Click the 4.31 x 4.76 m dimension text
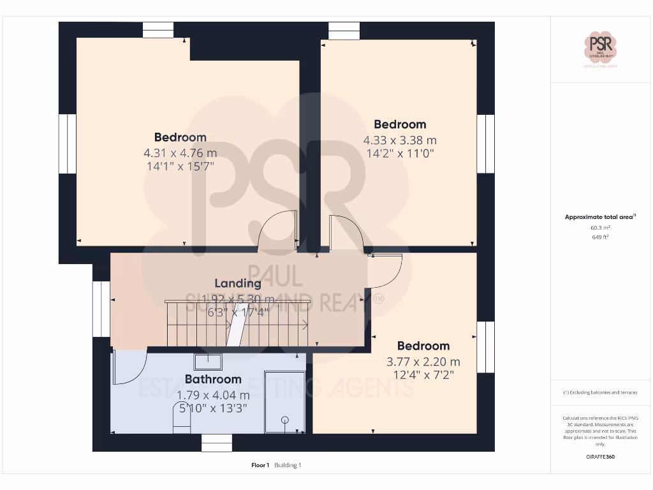pos(180,153)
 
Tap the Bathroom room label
pos(213,380)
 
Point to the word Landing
pos(237,283)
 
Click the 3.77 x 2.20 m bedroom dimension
pos(423,362)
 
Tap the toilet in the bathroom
pos(182,421)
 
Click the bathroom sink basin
pos(208,362)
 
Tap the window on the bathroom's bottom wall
pos(217,442)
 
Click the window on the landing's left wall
pos(101,309)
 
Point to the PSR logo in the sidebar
pos(601,48)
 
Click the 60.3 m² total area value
pos(600,227)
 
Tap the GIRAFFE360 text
pos(600,457)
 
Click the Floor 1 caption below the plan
pos(260,465)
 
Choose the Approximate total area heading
pos(599,217)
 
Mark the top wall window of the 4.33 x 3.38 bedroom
pos(344,31)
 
